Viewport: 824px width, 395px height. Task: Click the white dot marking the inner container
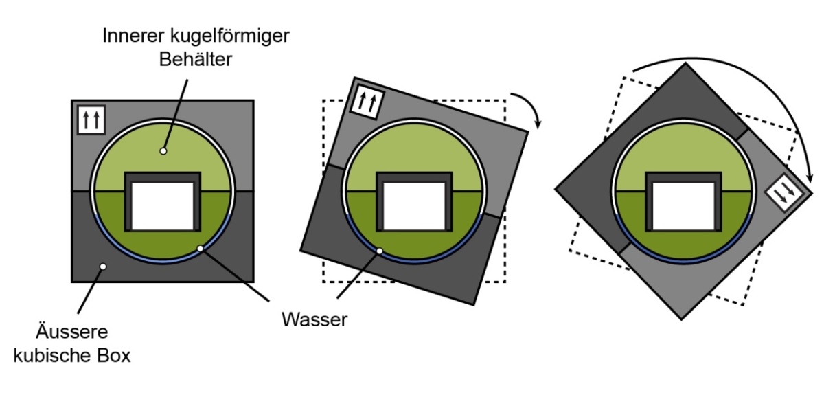[x=163, y=150]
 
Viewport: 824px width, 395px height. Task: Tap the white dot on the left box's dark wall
[x=102, y=266]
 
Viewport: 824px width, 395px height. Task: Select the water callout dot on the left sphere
[x=200, y=249]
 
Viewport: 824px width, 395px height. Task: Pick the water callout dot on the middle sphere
[x=379, y=251]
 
